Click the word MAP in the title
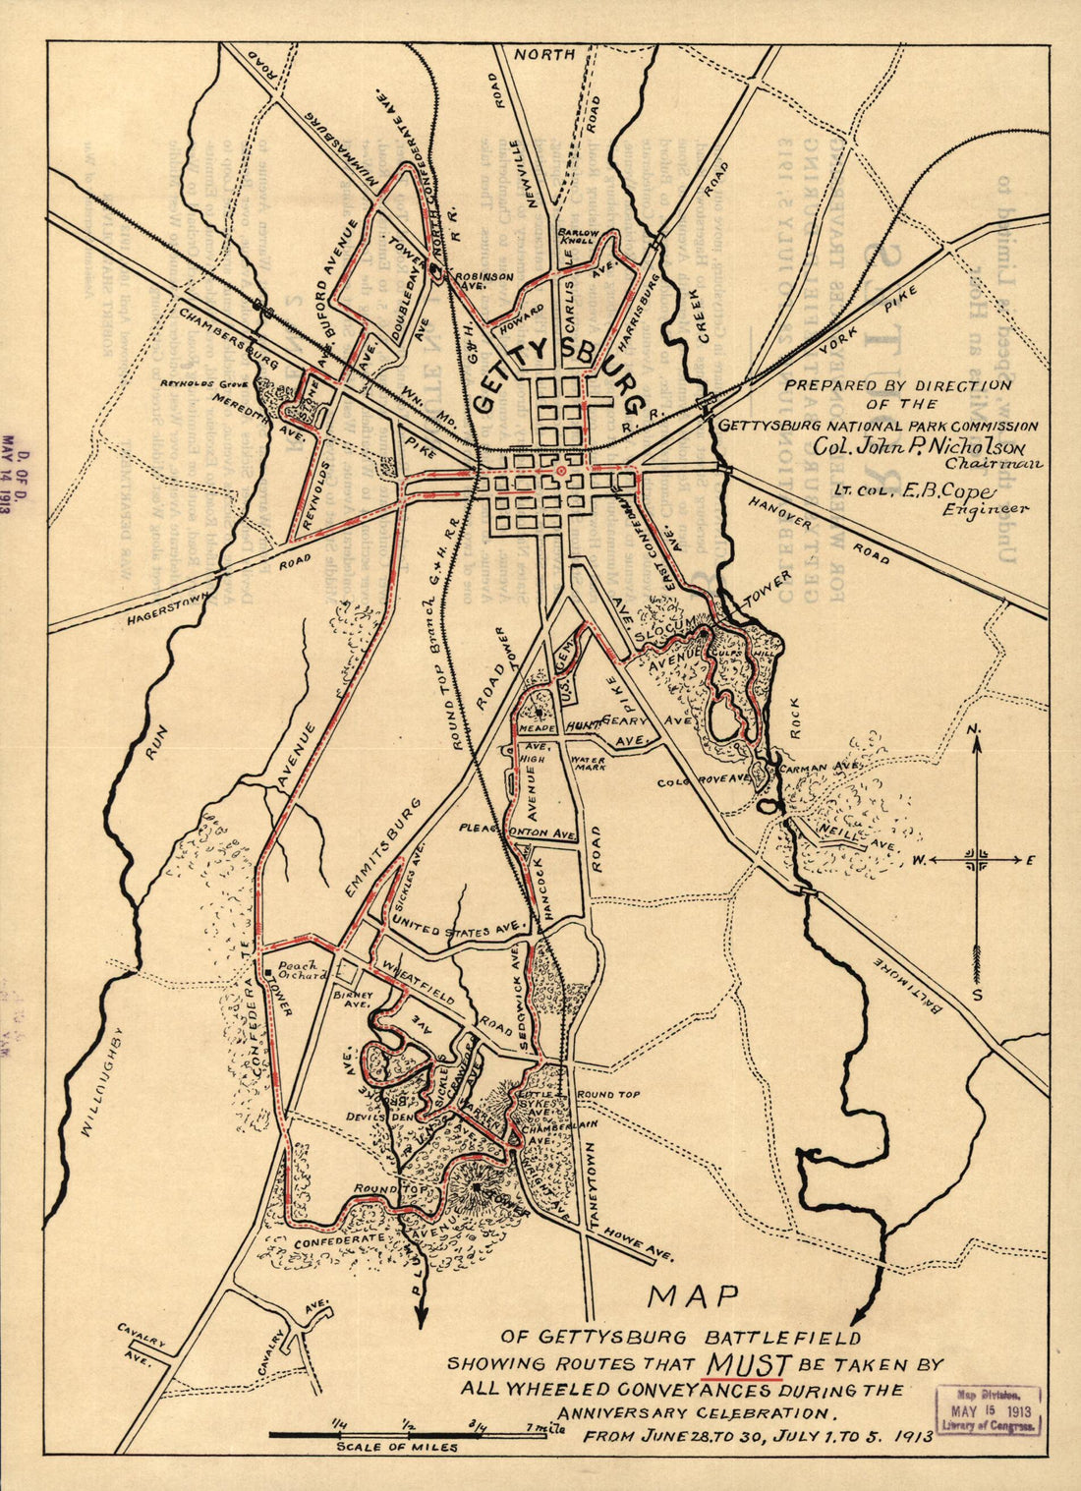pos(693,1296)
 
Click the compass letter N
pos(974,729)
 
